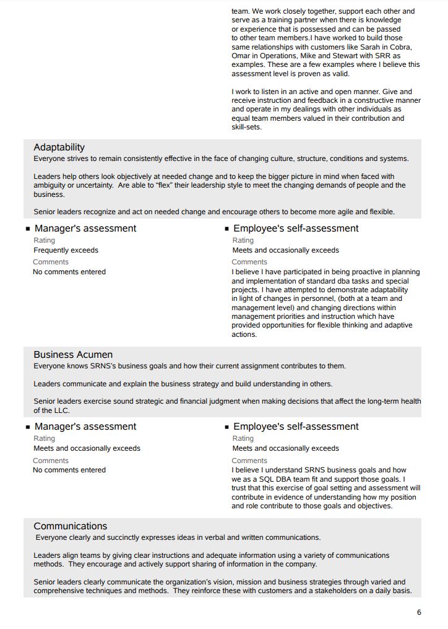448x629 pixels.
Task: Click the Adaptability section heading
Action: (59, 147)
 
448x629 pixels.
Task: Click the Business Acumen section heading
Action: (73, 355)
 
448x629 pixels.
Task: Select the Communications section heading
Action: (70, 526)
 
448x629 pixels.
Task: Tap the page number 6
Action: (419, 612)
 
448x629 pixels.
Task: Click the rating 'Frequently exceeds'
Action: (66, 250)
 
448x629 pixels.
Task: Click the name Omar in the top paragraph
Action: (241, 56)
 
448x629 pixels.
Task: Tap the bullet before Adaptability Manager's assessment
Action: (28, 229)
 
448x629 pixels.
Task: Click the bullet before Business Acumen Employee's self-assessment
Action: (227, 427)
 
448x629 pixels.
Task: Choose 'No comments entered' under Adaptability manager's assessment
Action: (69, 272)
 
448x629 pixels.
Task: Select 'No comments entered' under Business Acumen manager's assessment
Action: (69, 470)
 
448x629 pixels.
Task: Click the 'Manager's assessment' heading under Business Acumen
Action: (85, 427)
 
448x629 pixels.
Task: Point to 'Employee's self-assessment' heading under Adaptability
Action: (296, 228)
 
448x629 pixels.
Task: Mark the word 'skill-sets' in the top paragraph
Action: (246, 127)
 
